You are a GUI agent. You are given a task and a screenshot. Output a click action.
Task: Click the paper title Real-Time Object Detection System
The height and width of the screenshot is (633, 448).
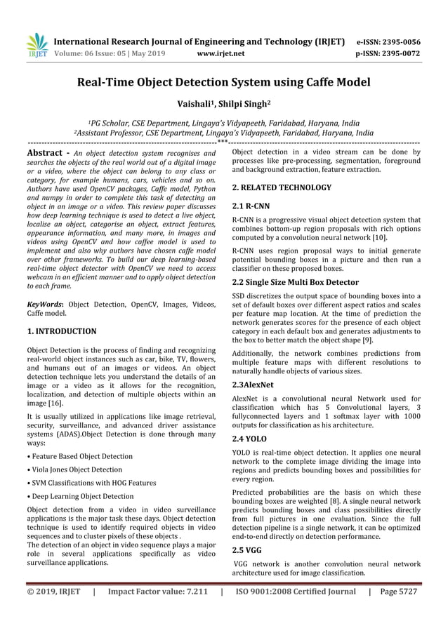tap(223, 83)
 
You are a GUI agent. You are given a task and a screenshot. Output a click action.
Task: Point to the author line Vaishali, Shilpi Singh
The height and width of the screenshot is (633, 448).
tap(223, 105)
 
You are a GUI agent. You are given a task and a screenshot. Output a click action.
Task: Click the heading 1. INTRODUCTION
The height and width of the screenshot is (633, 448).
tap(62, 331)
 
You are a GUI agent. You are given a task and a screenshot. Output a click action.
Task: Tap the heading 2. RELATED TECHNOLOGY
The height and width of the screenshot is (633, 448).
tap(282, 188)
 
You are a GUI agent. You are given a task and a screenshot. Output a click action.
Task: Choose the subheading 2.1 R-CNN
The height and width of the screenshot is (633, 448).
tap(251, 207)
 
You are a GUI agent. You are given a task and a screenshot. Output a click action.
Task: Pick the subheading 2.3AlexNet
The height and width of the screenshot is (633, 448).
tap(253, 385)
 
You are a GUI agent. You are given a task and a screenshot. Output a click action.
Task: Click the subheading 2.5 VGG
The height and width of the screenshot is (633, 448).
tap(246, 550)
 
